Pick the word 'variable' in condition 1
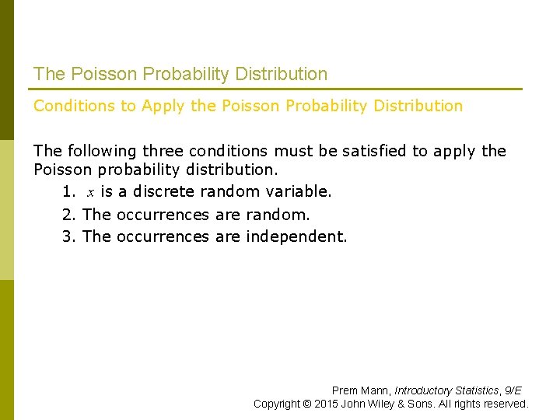tap(299, 191)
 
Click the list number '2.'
tap(69, 215)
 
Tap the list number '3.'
tap(69, 236)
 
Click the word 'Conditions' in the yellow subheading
tap(74, 106)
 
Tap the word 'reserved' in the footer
tap(506, 404)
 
